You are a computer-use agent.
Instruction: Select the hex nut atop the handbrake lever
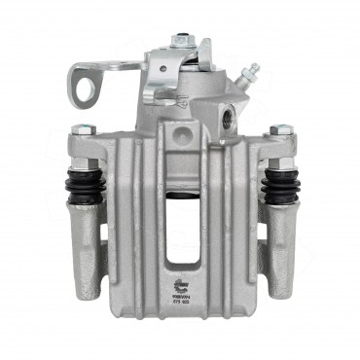pyautogui.click(x=182, y=42)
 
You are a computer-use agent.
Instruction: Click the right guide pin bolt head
pyautogui.click(x=280, y=129)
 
